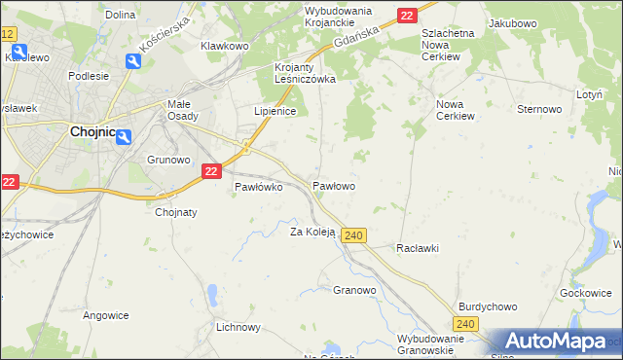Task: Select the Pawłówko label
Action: click(x=258, y=188)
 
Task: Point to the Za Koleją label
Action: click(x=312, y=232)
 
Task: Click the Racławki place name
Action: click(x=418, y=248)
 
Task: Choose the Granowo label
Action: click(x=354, y=290)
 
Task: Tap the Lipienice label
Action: click(x=275, y=111)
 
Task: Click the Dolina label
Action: click(x=119, y=15)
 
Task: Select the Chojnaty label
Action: click(x=176, y=211)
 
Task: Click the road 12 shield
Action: click(x=8, y=34)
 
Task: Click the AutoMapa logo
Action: click(x=555, y=342)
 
